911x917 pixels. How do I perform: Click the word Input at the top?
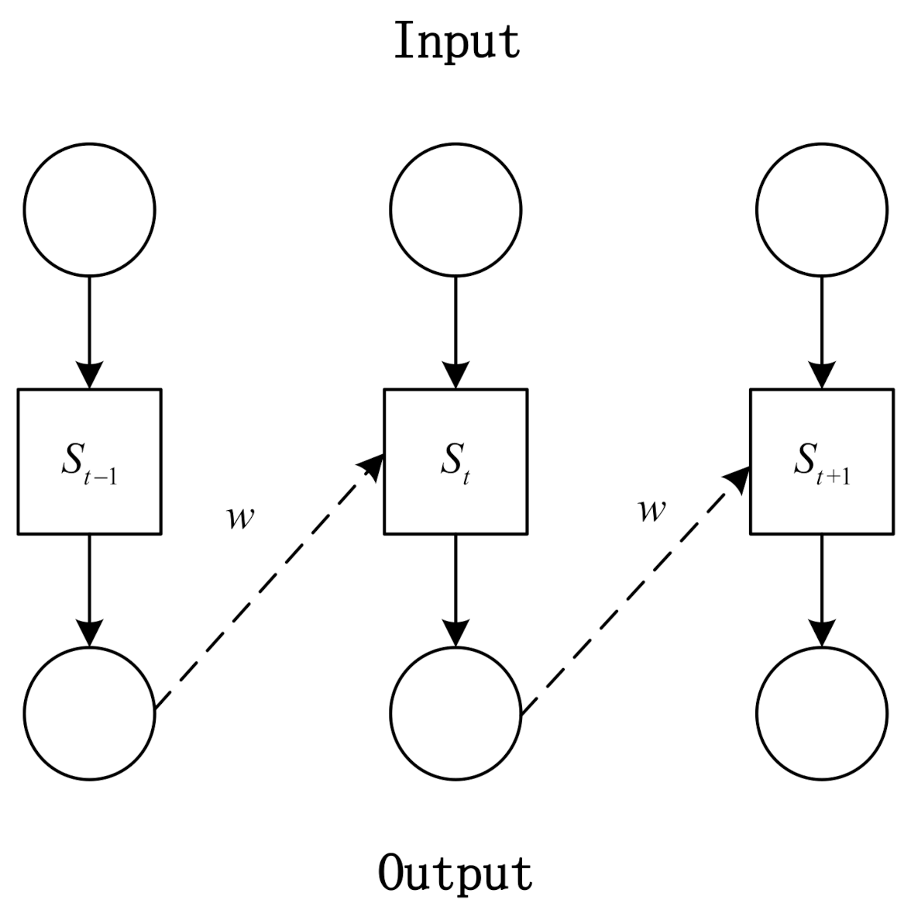click(457, 42)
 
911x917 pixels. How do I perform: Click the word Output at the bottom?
click(456, 874)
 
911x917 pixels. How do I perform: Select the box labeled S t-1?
click(89, 461)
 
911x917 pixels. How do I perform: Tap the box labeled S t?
click(456, 461)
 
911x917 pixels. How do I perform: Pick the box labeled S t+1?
click(822, 461)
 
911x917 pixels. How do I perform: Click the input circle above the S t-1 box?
click(90, 209)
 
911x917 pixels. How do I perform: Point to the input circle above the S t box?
click(456, 209)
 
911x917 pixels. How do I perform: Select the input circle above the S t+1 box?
click(822, 209)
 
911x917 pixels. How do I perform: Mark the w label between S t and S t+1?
click(651, 510)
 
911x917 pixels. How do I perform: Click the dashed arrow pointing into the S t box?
click(267, 585)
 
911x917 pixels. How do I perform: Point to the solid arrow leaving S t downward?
click(456, 589)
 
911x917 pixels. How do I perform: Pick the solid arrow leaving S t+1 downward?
click(822, 589)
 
